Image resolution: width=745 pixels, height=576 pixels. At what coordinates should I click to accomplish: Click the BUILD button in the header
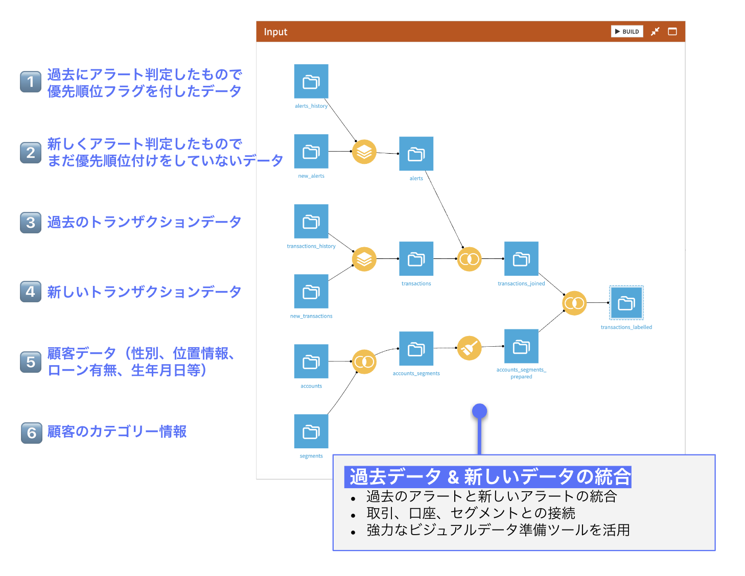(627, 32)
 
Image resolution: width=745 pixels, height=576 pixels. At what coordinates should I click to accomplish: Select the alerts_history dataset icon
(311, 81)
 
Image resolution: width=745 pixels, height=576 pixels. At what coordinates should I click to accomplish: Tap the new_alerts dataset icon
(311, 151)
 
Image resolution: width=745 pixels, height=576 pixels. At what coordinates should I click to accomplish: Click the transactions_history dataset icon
(311, 221)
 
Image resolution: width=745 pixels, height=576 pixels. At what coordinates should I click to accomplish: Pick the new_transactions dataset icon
(311, 292)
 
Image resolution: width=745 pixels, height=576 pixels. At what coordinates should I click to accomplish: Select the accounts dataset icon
(311, 362)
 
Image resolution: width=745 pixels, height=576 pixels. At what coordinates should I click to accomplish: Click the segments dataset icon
(311, 431)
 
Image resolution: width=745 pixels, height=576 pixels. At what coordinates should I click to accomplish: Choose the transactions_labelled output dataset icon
(626, 303)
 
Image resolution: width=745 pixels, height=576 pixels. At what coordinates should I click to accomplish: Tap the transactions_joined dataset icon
(521, 259)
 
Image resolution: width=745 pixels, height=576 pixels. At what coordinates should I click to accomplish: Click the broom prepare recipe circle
(469, 348)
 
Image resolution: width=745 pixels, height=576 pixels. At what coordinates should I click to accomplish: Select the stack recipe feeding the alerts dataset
(364, 152)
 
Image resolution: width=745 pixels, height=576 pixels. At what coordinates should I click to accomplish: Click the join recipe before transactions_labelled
(574, 303)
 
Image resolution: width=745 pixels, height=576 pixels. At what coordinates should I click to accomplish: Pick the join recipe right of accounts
(364, 362)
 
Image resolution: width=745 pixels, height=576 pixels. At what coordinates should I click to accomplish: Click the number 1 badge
(31, 82)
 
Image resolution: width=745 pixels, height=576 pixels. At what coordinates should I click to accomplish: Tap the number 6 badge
(32, 433)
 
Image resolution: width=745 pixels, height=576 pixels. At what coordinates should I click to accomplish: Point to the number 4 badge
(31, 292)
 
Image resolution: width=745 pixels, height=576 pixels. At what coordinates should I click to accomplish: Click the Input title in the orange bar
(275, 32)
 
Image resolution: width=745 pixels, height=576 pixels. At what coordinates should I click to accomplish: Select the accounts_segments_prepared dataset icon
(521, 347)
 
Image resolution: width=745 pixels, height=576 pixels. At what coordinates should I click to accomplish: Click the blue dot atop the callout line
(479, 411)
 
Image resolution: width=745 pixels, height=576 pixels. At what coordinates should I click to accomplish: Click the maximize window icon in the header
(672, 32)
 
